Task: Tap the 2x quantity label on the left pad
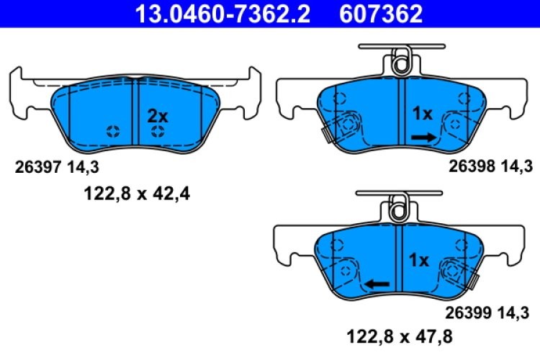click(157, 116)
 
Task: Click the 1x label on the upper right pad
click(422, 114)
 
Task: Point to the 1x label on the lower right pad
click(419, 260)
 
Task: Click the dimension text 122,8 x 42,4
click(133, 192)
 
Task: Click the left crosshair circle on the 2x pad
click(113, 131)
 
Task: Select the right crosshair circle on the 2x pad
click(158, 131)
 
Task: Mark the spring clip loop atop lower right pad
click(398, 210)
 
